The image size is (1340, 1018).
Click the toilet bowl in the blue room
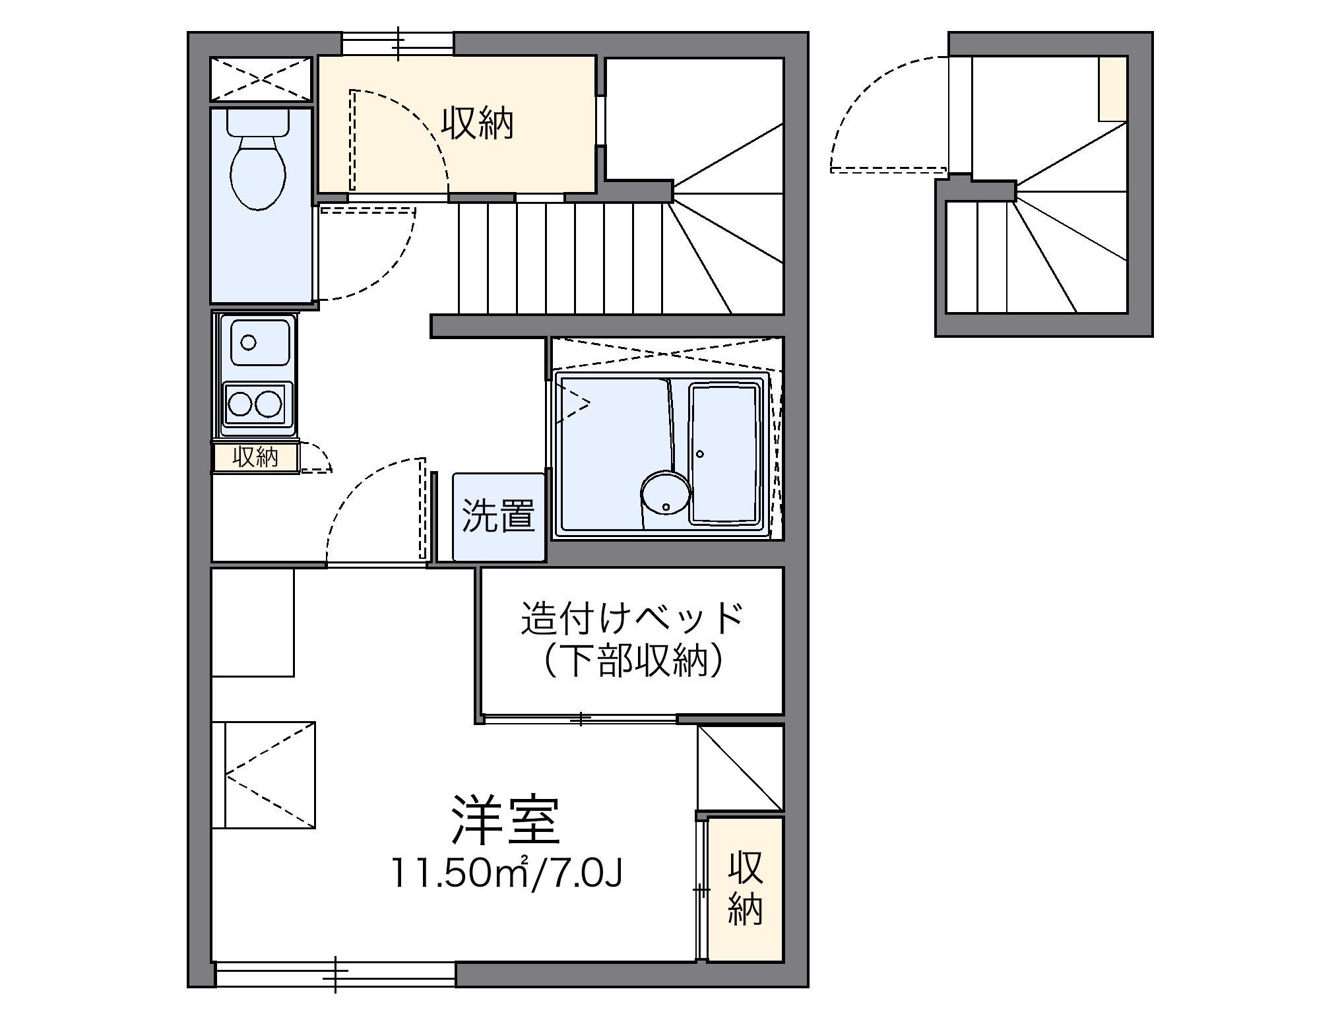pyautogui.click(x=257, y=172)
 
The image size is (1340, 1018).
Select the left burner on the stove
pyautogui.click(x=239, y=404)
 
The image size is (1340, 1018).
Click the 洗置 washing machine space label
pyautogui.click(x=498, y=515)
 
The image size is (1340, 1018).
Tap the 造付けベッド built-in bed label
pyautogui.click(x=631, y=618)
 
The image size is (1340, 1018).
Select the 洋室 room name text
pyautogui.click(x=505, y=821)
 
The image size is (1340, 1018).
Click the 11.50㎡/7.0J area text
pyautogui.click(x=506, y=872)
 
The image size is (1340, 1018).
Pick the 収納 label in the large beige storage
pyautogui.click(x=477, y=123)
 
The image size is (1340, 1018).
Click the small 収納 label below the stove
pyautogui.click(x=255, y=457)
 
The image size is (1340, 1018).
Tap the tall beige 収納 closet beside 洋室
pyautogui.click(x=745, y=888)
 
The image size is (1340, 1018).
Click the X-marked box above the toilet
pyautogui.click(x=261, y=79)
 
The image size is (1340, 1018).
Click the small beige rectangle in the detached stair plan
pyautogui.click(x=1112, y=89)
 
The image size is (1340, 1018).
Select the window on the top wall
pyautogui.click(x=398, y=44)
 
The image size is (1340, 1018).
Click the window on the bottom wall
pyautogui.click(x=335, y=973)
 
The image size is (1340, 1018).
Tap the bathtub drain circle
pyautogui.click(x=700, y=454)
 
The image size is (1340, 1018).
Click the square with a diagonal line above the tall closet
pyautogui.click(x=740, y=768)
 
